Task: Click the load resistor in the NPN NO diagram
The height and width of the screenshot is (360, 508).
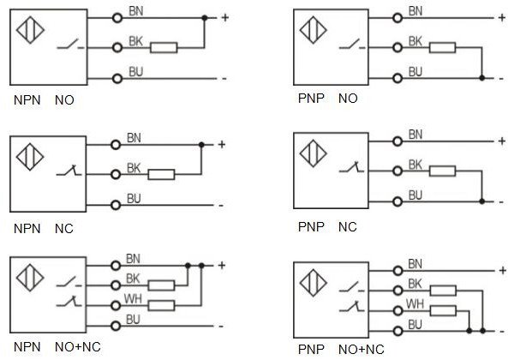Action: [x=164, y=48]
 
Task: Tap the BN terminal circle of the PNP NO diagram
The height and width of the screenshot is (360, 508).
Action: [x=397, y=18]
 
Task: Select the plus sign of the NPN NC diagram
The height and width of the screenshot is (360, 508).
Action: [x=222, y=145]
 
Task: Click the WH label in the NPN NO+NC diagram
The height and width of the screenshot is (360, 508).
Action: [x=133, y=299]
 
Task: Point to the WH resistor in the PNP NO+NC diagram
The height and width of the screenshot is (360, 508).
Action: [x=443, y=311]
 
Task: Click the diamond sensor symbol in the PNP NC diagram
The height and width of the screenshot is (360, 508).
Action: [x=313, y=153]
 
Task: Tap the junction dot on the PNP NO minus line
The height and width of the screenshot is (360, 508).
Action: [x=482, y=78]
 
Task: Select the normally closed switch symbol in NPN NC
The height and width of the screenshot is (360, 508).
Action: [x=69, y=171]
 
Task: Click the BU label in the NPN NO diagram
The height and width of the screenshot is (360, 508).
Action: [x=135, y=72]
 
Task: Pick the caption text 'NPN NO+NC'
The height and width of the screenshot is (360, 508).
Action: [x=57, y=347]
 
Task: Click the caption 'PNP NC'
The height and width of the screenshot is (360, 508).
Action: [x=327, y=227]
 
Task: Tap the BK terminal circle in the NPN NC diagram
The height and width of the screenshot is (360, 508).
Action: [x=116, y=175]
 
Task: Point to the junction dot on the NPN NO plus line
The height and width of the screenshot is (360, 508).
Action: [x=205, y=18]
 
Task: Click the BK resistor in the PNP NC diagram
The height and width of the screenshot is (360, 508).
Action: [x=442, y=171]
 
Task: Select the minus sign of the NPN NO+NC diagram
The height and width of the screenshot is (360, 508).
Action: [x=221, y=326]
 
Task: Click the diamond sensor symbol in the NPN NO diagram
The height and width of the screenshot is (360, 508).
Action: [x=30, y=30]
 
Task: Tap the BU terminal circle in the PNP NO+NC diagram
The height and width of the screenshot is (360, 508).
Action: [x=397, y=331]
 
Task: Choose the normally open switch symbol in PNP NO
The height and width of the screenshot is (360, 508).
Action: [x=352, y=45]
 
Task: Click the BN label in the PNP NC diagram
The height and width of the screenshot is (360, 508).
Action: [x=415, y=135]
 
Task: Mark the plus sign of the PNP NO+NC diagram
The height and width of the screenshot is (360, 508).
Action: [x=502, y=271]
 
